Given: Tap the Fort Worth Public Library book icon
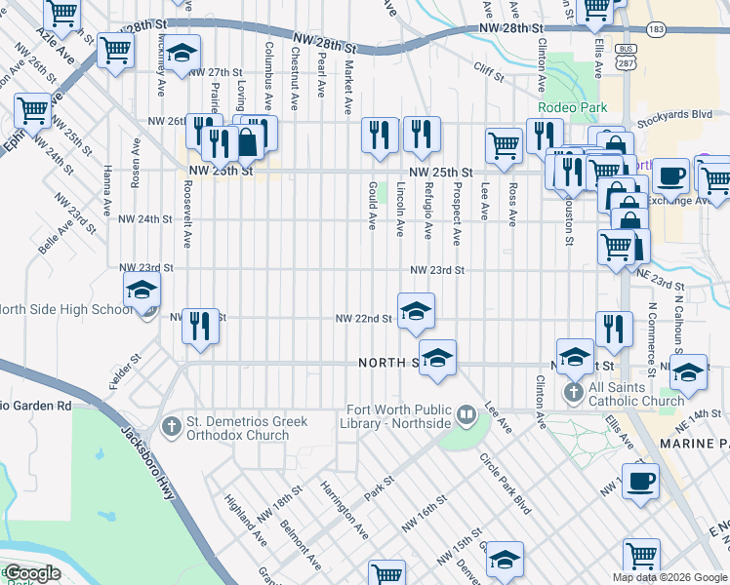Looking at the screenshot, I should (466, 416).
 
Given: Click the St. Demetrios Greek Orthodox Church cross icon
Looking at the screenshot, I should (172, 425).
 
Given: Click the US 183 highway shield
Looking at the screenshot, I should (657, 30).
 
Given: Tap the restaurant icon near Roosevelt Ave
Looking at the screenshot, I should (200, 326).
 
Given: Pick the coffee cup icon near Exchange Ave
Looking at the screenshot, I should (669, 175).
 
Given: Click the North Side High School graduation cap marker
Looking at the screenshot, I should (142, 290).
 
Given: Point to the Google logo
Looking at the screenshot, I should (31, 573).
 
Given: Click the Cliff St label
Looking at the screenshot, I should (488, 70).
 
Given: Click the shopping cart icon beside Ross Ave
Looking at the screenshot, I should (504, 146).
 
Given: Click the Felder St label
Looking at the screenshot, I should (126, 372).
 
